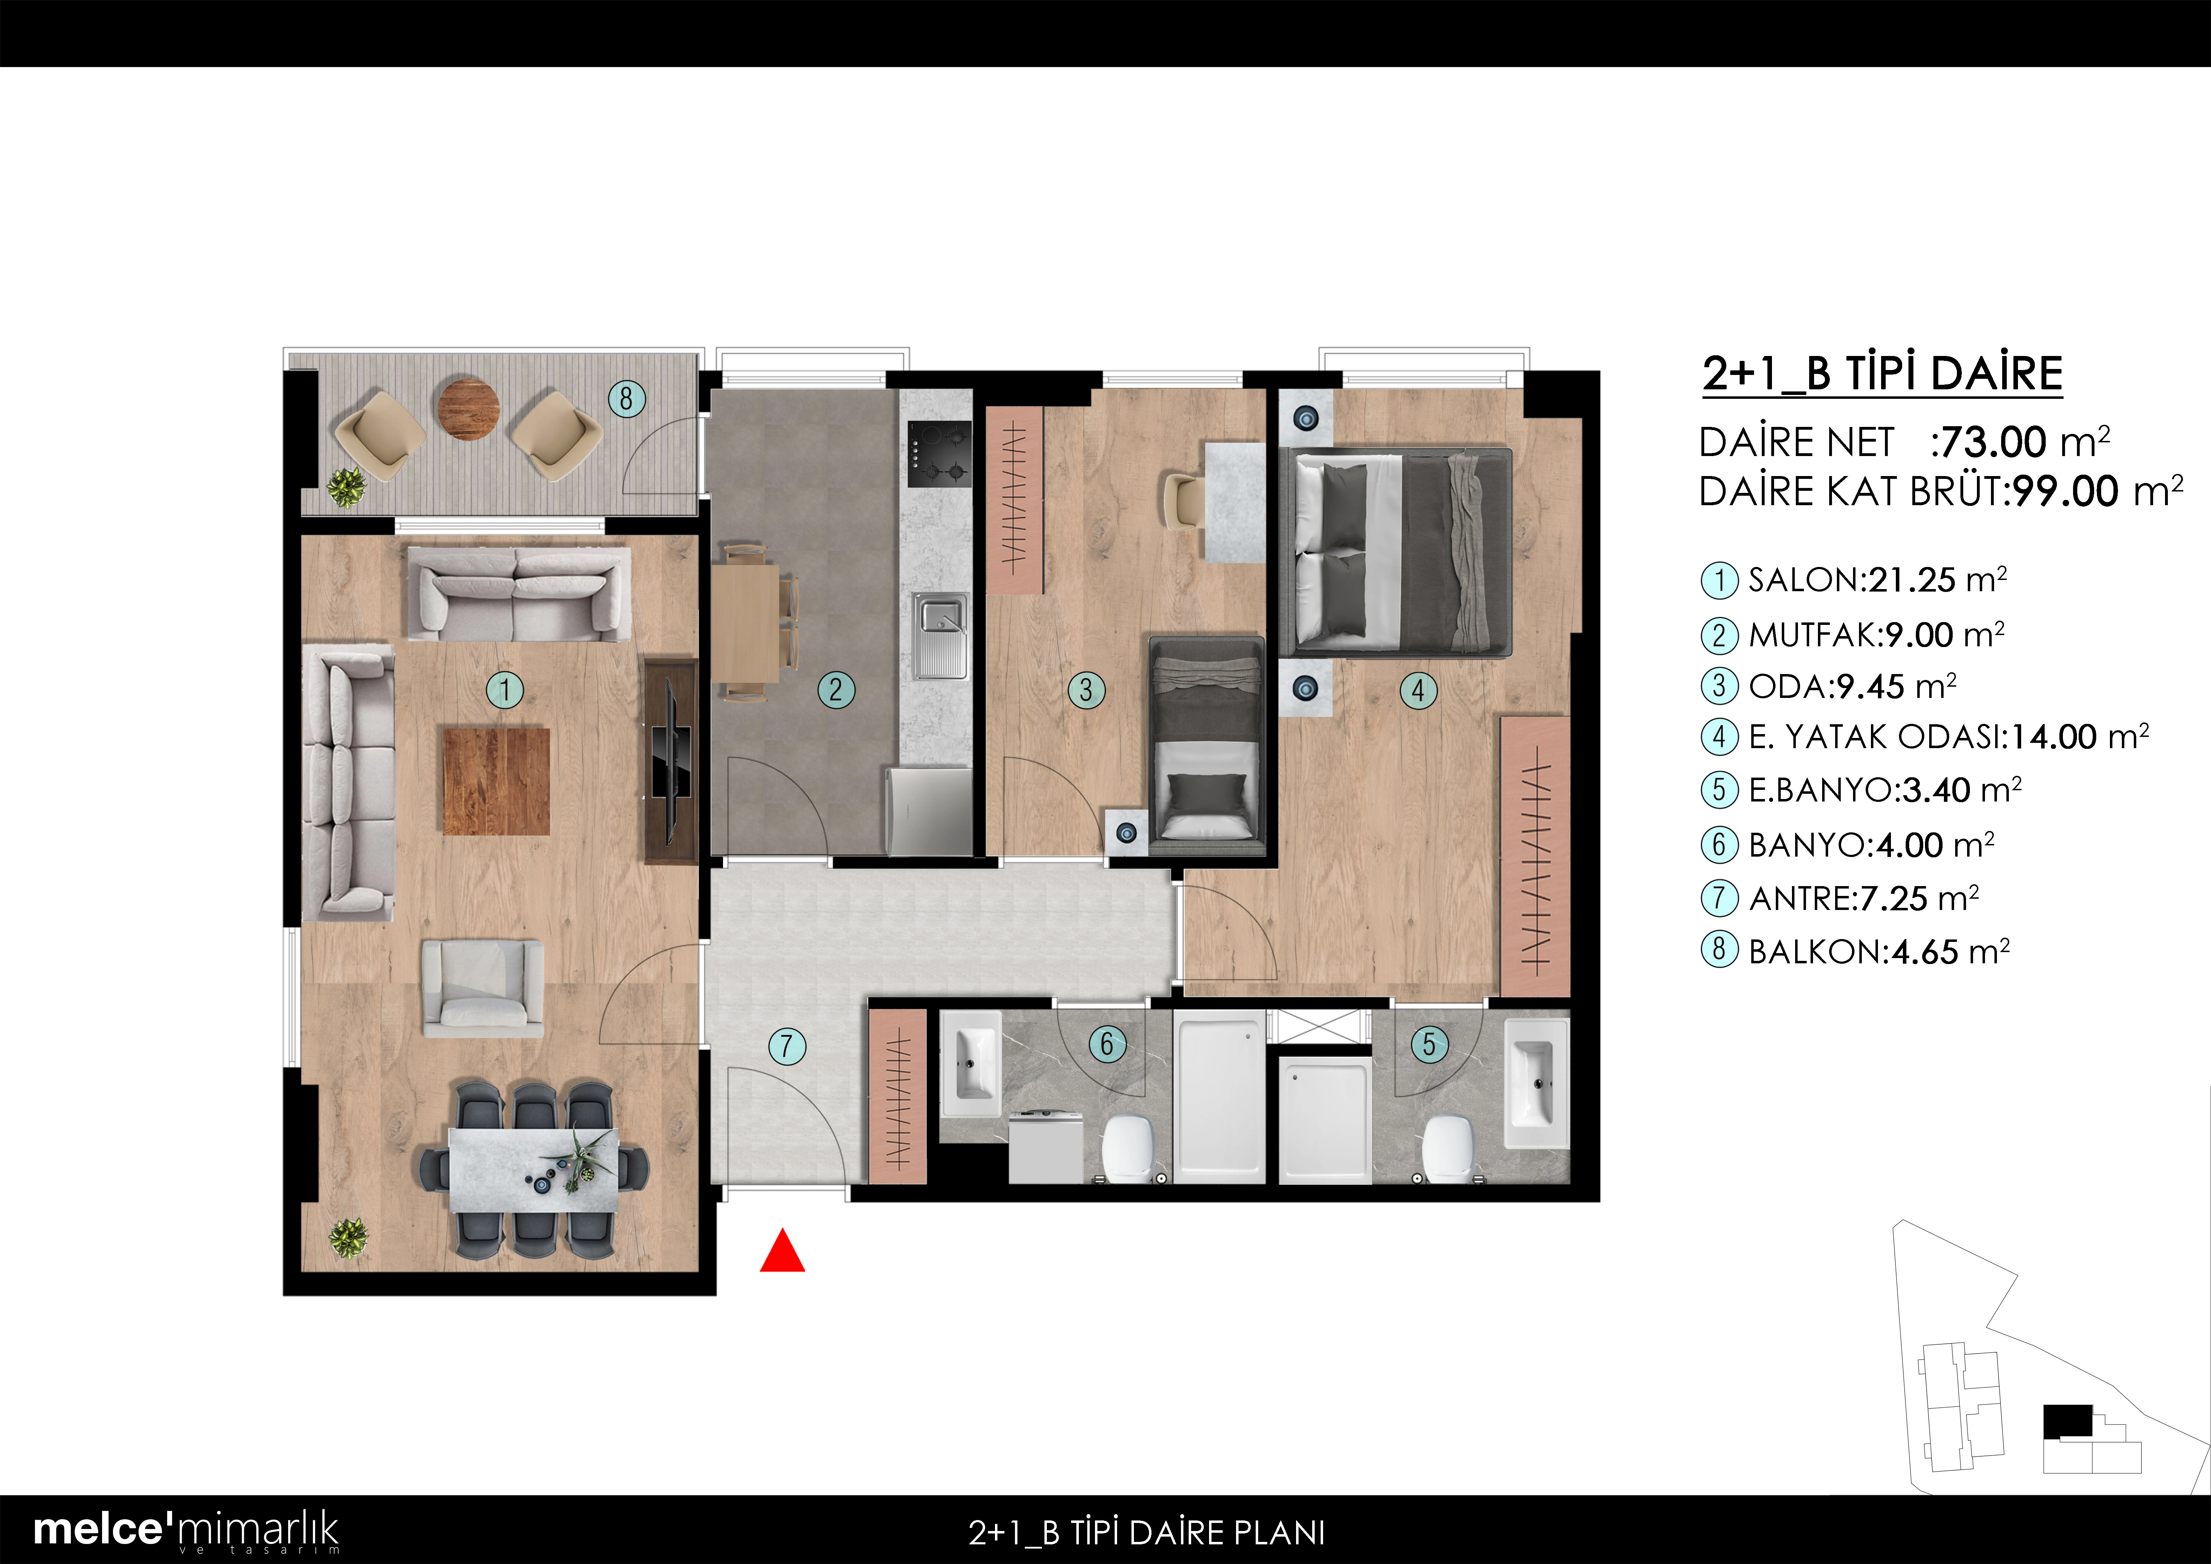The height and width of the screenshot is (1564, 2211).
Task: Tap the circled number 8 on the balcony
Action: pos(626,398)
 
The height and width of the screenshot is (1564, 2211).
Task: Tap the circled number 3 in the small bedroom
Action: pos(1086,689)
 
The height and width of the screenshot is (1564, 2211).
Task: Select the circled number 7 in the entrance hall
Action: pos(787,1045)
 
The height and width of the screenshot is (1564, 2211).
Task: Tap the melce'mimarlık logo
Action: pos(186,1530)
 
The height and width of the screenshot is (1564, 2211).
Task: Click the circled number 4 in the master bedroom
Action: pos(1417,689)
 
